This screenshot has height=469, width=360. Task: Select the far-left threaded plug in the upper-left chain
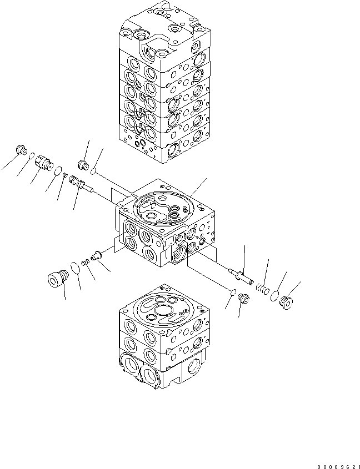pos(22,150)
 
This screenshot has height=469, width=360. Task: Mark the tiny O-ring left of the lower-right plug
pos(233,293)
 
